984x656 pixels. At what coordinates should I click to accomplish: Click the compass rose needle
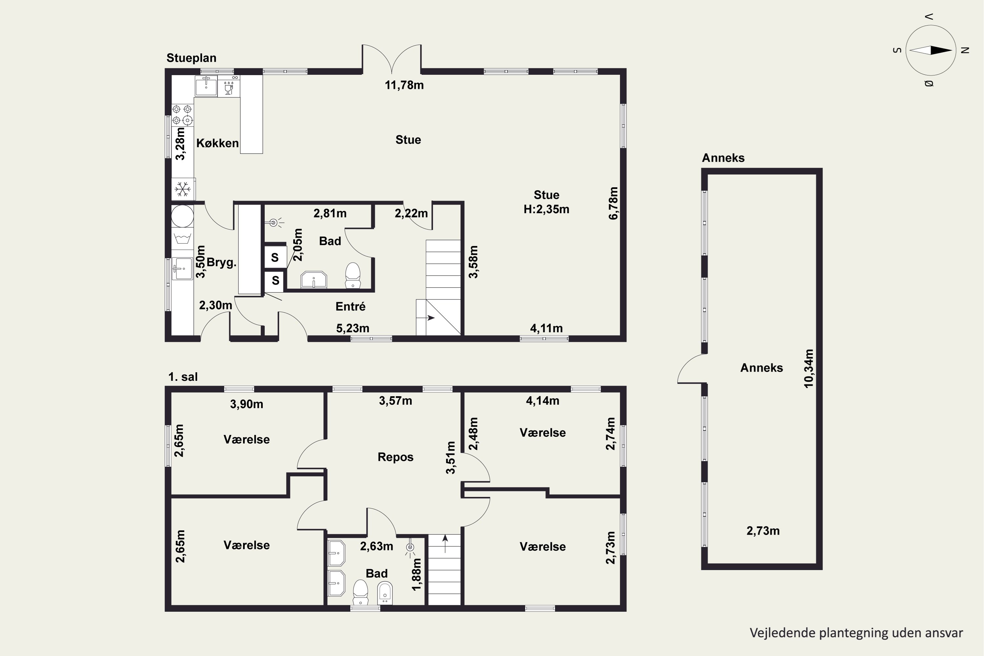pos(931,51)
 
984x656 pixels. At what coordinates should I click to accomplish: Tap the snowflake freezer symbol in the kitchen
pos(182,190)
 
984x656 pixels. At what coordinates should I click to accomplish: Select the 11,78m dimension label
pos(404,85)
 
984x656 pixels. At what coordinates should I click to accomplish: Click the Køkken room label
pos(217,143)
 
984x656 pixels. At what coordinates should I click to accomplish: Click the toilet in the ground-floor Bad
pos(353,275)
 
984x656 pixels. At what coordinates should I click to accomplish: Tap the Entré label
pos(351,307)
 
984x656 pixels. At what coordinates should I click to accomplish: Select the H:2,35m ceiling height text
pos(546,209)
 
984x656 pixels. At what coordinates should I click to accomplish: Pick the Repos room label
pos(395,457)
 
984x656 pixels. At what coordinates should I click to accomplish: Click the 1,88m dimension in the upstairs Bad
pos(417,575)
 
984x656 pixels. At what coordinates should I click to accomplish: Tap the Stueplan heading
pos(191,58)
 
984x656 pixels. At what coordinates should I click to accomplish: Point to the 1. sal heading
pos(183,377)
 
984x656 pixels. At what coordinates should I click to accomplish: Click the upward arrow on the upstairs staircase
pos(445,543)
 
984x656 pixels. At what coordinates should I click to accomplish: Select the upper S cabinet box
pos(275,257)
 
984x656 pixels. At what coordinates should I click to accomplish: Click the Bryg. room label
pos(222,263)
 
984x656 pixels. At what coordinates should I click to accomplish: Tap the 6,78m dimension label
pos(613,203)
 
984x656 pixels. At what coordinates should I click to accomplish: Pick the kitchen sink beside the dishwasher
pos(206,86)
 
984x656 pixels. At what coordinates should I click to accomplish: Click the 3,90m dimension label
pos(246,404)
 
